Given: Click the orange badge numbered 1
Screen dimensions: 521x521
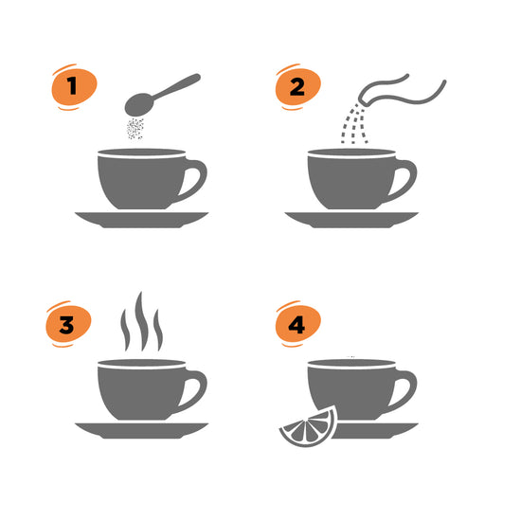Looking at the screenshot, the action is pos(74,87).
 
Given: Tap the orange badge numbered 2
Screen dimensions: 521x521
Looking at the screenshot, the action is pos(298,87).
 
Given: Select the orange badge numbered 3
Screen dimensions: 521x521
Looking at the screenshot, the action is pos(68,324).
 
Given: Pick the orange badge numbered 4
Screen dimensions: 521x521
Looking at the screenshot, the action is pos(298,324).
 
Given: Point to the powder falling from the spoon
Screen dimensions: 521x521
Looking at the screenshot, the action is pos(135,128).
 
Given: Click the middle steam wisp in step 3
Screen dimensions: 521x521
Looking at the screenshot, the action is pos(141,321).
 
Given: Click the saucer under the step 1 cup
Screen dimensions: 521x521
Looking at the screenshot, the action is pos(142,220).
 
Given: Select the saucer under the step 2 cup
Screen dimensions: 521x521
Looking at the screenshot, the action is pos(351,220).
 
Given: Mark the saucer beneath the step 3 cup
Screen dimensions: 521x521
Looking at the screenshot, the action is pos(142,431).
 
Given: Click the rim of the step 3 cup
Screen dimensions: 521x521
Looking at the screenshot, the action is pos(142,363).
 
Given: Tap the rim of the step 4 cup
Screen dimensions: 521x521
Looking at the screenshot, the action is pos(351,363).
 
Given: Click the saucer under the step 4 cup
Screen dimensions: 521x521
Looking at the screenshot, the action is pos(375,431).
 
